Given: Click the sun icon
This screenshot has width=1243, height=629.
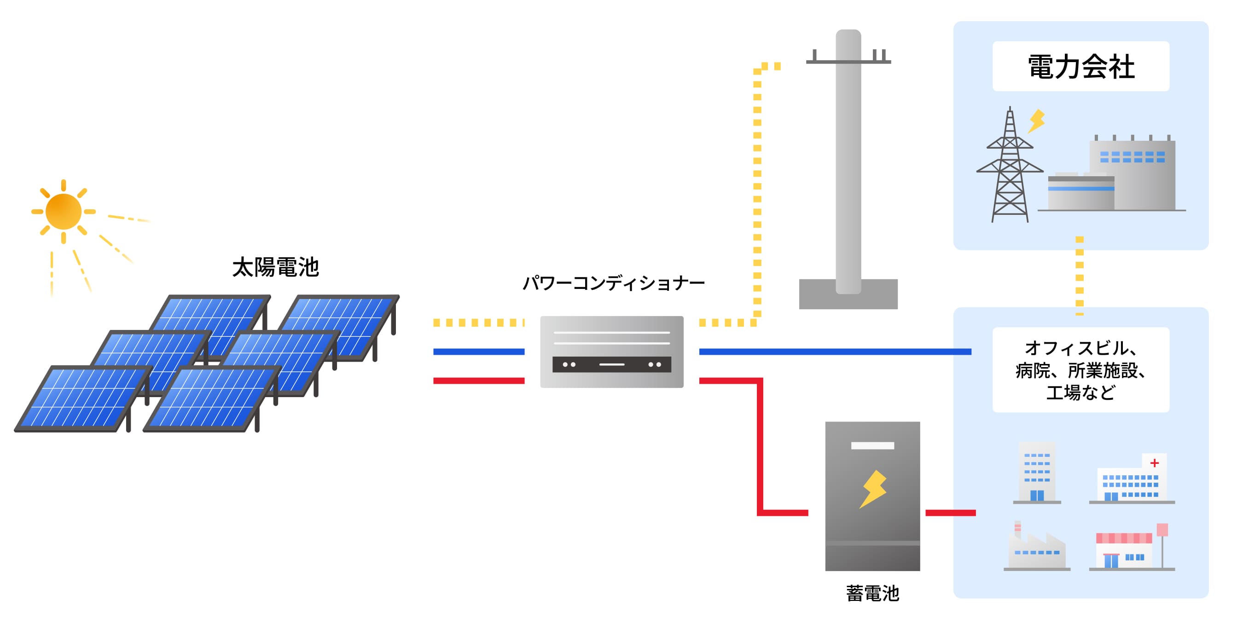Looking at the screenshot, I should [x=63, y=211].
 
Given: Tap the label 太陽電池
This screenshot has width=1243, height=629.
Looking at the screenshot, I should [x=275, y=267].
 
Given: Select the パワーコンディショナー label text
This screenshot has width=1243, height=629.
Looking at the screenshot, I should [x=613, y=283].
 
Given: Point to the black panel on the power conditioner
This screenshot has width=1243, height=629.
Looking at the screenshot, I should [x=611, y=364].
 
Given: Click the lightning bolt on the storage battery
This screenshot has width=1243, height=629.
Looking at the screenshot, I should [x=873, y=489].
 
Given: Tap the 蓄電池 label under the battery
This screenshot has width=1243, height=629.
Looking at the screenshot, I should [x=872, y=593].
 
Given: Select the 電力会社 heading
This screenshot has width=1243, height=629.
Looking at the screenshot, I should [x=1081, y=67].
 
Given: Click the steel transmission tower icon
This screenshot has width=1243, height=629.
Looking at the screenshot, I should [x=1010, y=169].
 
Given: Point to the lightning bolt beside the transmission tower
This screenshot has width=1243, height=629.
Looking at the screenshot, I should [x=1036, y=121].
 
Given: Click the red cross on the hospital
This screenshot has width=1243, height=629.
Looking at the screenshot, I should [x=1154, y=463].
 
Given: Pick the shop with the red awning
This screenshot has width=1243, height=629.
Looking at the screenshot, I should [x=1124, y=550].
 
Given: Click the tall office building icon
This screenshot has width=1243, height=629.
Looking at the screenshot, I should [x=1036, y=473].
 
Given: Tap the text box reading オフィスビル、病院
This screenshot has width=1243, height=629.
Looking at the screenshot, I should [x=1081, y=370].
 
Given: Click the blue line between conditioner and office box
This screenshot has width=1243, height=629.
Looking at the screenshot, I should [x=835, y=352].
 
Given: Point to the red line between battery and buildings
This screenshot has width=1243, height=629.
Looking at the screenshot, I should [x=950, y=513].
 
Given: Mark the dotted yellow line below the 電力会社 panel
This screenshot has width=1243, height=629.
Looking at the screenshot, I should [x=1080, y=277].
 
